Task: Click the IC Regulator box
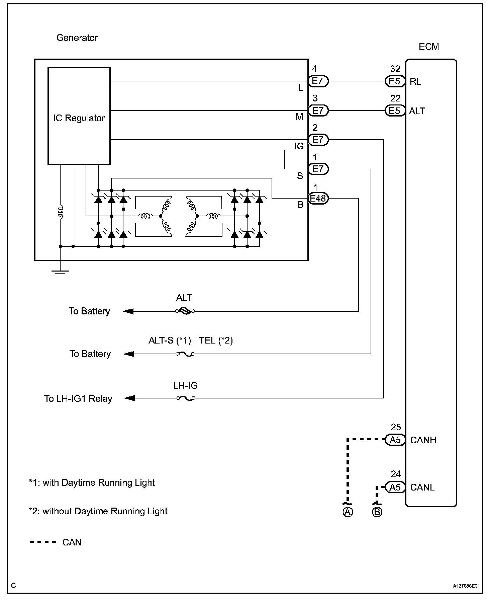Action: [79, 116]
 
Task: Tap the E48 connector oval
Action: [318, 199]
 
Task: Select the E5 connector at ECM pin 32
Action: [395, 81]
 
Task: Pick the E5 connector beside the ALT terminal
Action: [395, 111]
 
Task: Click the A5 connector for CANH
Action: [395, 440]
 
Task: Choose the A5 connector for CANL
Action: [395, 487]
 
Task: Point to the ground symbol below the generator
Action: [60, 273]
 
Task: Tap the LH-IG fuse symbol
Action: [185, 398]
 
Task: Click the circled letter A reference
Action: [348, 512]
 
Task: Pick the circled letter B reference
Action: [377, 512]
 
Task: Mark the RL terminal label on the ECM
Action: [415, 82]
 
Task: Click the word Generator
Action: [77, 38]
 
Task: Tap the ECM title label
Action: [428, 47]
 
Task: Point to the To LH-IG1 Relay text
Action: [78, 399]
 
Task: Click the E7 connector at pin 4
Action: [318, 81]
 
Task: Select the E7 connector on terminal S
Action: [318, 169]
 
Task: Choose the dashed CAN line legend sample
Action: [43, 542]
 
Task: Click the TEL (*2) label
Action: [216, 341]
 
